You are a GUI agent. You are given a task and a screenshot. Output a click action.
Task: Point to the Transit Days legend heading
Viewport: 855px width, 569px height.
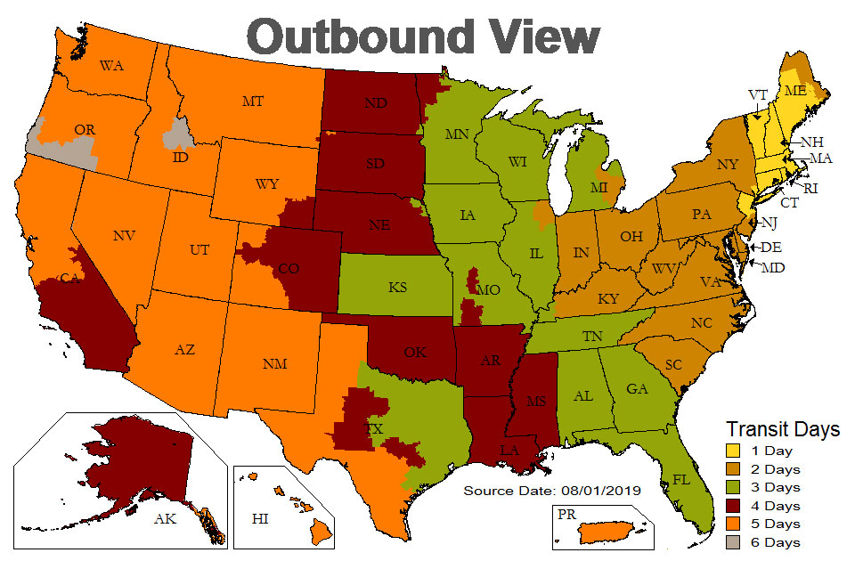click(x=783, y=429)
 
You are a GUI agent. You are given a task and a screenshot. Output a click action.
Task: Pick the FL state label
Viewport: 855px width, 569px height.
click(x=682, y=478)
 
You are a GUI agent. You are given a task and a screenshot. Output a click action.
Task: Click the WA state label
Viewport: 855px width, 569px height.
click(x=111, y=66)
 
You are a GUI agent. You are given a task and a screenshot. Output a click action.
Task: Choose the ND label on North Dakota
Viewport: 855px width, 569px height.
click(x=375, y=102)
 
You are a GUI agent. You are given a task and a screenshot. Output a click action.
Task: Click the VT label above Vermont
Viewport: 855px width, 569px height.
click(x=758, y=94)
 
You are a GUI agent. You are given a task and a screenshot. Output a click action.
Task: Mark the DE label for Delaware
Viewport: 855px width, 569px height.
click(x=766, y=248)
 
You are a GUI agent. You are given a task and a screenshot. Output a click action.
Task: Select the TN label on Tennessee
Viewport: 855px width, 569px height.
click(x=591, y=337)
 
